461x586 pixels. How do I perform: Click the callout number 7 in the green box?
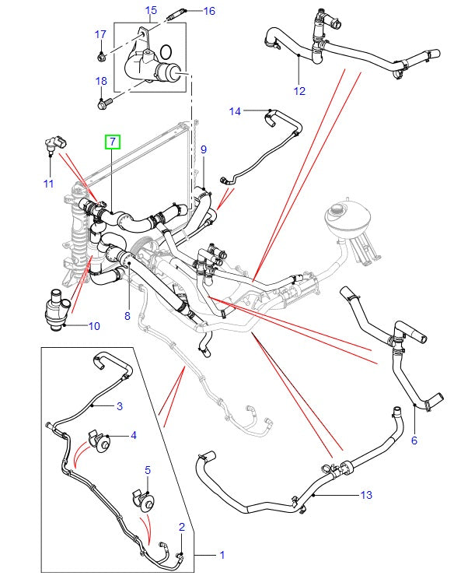(x=113, y=142)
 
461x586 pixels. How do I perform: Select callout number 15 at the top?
(x=151, y=10)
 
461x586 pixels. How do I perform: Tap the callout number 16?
(x=209, y=11)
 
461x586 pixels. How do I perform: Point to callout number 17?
(x=100, y=34)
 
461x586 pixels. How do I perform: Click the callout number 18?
(x=101, y=81)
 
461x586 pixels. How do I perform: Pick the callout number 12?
(x=299, y=92)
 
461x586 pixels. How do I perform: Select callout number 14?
(x=235, y=111)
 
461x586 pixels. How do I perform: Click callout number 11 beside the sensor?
(x=48, y=184)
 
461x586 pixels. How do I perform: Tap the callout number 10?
(x=93, y=325)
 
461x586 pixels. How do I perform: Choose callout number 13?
(x=367, y=495)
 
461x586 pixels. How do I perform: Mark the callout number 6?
(x=414, y=440)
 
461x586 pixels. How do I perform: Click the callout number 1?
(x=222, y=555)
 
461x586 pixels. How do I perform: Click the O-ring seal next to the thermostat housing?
(x=166, y=53)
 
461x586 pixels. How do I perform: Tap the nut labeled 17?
(x=102, y=55)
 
